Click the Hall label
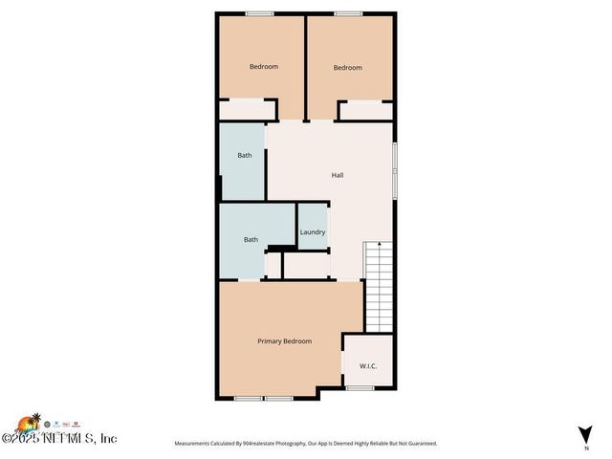338,175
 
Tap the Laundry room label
313,232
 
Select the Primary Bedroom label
284,341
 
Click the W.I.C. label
368,366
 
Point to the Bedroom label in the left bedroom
264,66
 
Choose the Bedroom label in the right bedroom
348,67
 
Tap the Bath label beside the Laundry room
251,240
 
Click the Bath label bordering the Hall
245,155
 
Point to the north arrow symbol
585,433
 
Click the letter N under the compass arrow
585,448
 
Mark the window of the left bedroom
258,13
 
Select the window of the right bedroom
347,13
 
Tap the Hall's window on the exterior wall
394,172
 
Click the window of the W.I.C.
360,388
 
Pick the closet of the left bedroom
247,110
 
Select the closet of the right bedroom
364,111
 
